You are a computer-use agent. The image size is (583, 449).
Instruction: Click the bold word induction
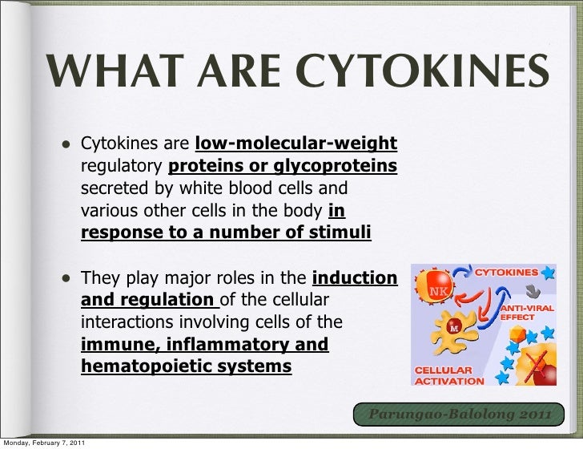pyautogui.click(x=354, y=279)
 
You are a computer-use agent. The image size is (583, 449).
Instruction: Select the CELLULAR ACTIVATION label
pyautogui.click(x=449, y=376)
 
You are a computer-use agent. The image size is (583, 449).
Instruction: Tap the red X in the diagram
pyautogui.click(x=529, y=361)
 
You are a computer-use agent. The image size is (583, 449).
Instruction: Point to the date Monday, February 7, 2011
pyautogui.click(x=44, y=443)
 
